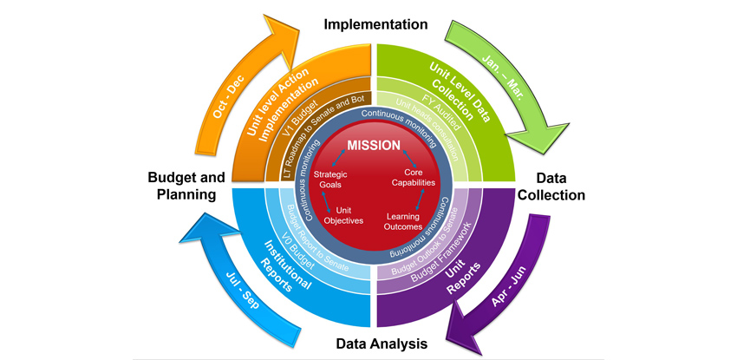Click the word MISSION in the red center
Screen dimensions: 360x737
point(374,145)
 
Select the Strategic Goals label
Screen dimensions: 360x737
point(329,180)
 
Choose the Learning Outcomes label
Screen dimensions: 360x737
point(403,221)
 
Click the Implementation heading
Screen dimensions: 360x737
point(375,23)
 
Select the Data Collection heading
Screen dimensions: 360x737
point(552,185)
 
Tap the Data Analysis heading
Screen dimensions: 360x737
point(382,344)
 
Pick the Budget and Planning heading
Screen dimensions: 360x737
point(181,185)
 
